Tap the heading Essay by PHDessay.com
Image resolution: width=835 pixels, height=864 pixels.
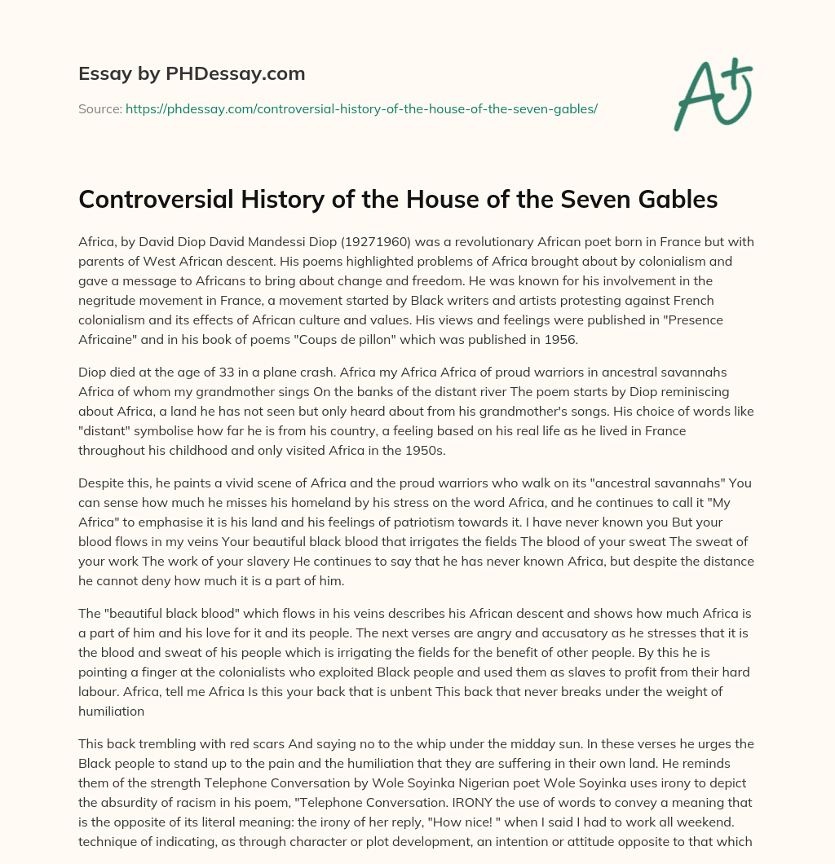click(192, 74)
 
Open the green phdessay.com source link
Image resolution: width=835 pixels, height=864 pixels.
click(361, 108)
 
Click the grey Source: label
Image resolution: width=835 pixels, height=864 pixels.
click(99, 108)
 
